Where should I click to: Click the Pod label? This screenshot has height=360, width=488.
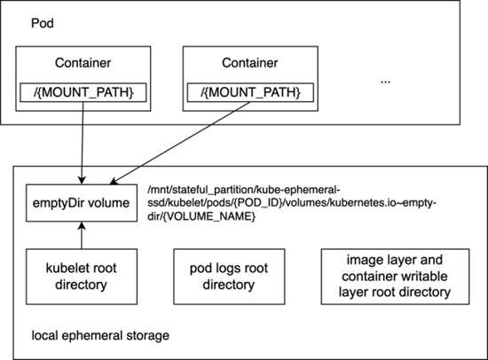(x=43, y=23)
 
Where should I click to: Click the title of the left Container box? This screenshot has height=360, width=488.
(x=83, y=63)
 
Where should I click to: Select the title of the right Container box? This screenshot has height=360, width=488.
(x=250, y=63)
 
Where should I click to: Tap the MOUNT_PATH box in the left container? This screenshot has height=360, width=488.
(x=83, y=92)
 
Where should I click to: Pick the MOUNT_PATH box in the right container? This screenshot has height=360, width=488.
(x=250, y=92)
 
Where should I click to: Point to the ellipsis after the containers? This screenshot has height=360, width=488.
(x=385, y=82)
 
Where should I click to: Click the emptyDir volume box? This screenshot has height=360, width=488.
(x=82, y=203)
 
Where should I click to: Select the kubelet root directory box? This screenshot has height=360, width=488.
(x=82, y=277)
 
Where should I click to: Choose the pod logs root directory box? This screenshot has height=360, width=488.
(x=229, y=277)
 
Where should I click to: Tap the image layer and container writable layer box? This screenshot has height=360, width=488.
(x=395, y=277)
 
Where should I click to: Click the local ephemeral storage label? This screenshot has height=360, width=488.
(x=100, y=336)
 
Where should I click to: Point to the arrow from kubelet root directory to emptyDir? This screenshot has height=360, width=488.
(x=82, y=235)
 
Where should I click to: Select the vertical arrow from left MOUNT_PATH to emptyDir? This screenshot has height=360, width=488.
(x=83, y=143)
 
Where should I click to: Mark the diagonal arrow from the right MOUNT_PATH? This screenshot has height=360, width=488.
(x=180, y=143)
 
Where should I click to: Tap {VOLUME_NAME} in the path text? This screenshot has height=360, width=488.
(x=209, y=216)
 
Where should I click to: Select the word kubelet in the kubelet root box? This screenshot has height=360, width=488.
(x=64, y=268)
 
